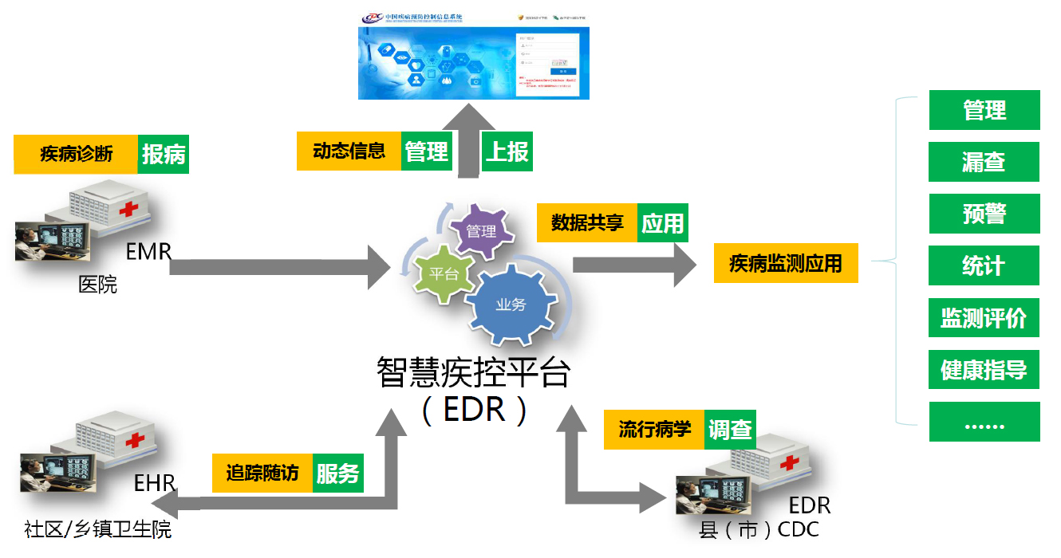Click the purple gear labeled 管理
481,232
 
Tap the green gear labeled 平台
443,273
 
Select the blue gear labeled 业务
511,305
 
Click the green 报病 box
164,155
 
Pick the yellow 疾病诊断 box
76,155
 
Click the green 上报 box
507,151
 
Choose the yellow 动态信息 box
349,151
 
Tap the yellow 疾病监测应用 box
786,263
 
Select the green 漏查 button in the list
984,163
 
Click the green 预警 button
984,214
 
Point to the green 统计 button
984,266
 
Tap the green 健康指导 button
984,370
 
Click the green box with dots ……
984,422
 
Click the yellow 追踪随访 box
262,474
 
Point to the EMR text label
148,253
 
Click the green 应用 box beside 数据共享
663,223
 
